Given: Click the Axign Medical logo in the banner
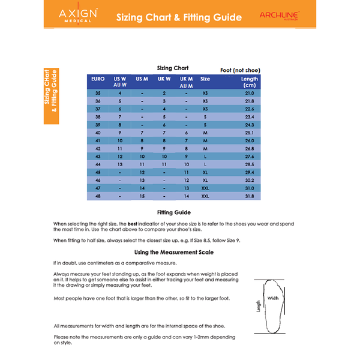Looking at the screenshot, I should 79,15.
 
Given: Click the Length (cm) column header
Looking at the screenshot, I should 249,82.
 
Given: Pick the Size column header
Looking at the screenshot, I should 205,79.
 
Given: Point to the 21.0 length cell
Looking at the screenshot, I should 249,93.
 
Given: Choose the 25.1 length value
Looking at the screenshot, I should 249,132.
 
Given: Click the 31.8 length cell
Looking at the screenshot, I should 249,196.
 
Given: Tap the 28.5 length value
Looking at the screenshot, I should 249,164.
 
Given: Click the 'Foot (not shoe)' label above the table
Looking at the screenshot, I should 240,70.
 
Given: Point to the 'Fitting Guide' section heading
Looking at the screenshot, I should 173,212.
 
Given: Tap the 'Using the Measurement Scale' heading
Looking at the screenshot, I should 173,252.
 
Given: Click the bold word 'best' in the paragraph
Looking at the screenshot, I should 133,223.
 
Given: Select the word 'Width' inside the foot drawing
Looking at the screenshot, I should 273,298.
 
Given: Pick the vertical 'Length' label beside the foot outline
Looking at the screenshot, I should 259,306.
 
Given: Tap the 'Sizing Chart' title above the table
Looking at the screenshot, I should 173,68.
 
